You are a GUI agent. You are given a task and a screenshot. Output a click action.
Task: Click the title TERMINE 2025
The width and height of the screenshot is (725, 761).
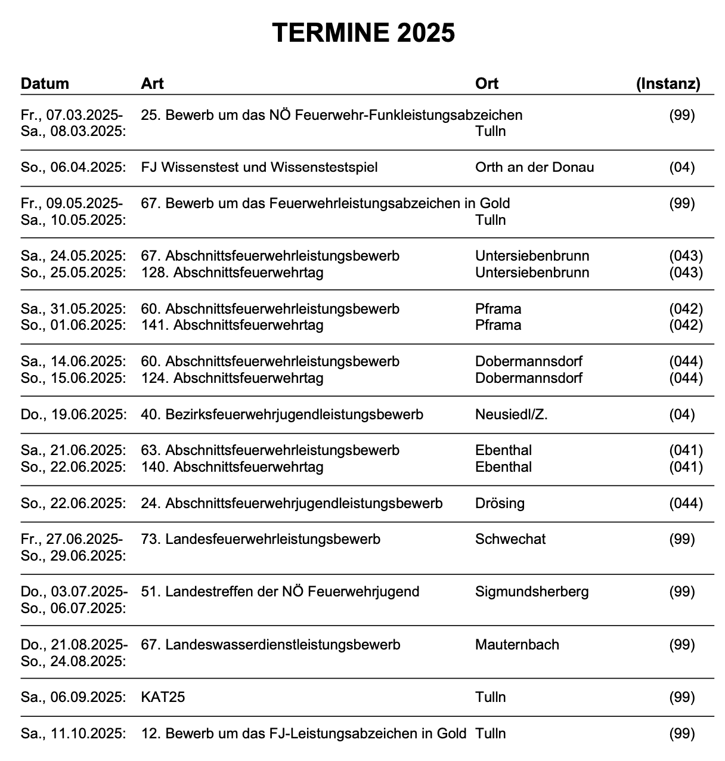[x=363, y=32]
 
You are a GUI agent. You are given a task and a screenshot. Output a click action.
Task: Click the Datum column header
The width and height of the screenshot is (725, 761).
[x=45, y=83]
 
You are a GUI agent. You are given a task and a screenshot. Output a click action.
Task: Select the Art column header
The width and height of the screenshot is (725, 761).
[x=152, y=83]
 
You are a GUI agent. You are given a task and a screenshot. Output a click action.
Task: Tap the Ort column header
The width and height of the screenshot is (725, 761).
[x=487, y=83]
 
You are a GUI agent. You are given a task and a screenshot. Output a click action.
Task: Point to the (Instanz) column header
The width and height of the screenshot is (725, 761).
[x=668, y=83]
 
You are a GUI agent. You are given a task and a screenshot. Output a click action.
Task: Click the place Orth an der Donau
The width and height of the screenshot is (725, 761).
[x=534, y=167]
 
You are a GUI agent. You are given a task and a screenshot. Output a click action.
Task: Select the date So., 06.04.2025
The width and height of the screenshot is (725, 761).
[x=73, y=167]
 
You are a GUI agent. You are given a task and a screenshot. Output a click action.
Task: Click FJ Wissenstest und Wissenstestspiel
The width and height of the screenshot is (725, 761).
[x=259, y=167]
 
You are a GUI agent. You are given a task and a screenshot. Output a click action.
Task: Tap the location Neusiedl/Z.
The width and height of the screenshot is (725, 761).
[x=511, y=414]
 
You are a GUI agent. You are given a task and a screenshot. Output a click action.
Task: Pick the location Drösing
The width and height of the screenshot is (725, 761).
[x=500, y=503]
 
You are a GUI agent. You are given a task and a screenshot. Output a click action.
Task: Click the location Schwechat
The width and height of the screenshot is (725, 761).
[x=510, y=539]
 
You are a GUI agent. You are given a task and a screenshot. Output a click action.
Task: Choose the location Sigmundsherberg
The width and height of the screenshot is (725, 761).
[x=532, y=592]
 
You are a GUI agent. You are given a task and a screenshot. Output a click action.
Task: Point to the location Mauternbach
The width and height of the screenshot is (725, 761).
[x=517, y=645]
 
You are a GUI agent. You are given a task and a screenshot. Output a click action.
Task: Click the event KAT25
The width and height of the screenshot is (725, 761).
[x=163, y=697]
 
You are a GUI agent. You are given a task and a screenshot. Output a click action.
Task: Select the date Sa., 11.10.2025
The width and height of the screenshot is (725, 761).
[x=73, y=734]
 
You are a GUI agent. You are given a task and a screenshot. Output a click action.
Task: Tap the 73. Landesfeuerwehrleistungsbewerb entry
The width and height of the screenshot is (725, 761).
[x=260, y=539]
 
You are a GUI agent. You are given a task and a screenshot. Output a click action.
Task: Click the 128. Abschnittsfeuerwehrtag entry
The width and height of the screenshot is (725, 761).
[x=232, y=273]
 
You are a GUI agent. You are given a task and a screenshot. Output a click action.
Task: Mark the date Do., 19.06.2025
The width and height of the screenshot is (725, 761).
[x=73, y=414]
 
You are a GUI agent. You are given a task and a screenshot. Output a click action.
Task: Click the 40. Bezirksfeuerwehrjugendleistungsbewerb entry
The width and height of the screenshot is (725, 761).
[x=281, y=414]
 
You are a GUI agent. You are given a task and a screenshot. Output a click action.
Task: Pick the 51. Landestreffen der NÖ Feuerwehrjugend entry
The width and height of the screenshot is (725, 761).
[x=280, y=592]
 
